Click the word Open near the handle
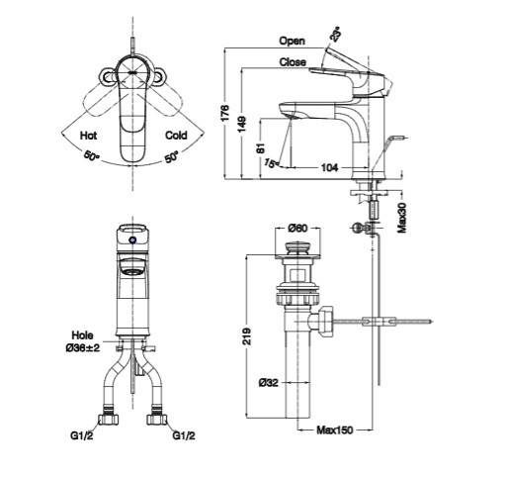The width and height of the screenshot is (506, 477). (292, 41)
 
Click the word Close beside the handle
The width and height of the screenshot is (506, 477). (293, 62)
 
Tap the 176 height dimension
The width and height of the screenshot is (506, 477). (225, 113)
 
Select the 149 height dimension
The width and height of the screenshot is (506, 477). (242, 124)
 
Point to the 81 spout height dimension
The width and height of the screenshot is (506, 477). (261, 147)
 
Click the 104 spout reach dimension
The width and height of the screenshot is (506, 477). (329, 168)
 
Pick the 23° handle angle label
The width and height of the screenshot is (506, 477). (336, 35)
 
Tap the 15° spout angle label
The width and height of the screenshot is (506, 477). (271, 163)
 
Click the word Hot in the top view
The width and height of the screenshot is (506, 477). (89, 136)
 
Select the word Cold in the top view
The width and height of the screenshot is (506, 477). (176, 136)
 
